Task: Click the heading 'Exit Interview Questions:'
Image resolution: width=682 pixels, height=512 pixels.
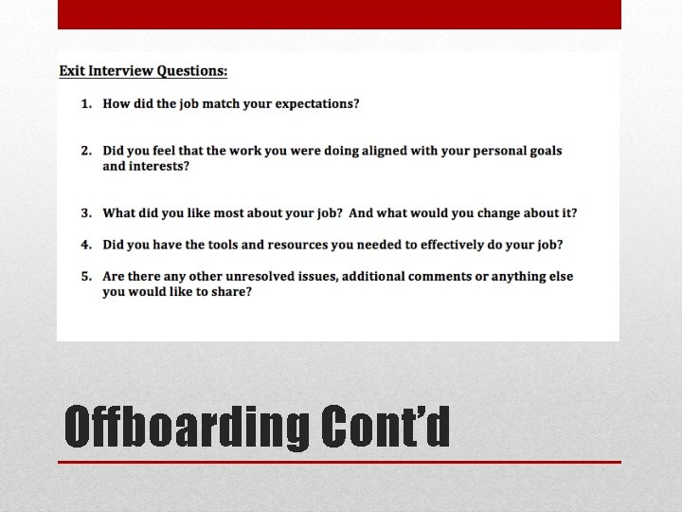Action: [143, 71]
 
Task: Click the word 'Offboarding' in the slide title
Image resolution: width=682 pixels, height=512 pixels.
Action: [186, 427]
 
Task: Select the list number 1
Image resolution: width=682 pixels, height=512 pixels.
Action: [85, 103]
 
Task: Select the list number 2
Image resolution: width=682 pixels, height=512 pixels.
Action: [85, 151]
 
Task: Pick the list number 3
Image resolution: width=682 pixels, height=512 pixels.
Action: [85, 213]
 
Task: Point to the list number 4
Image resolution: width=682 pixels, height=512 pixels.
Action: [85, 245]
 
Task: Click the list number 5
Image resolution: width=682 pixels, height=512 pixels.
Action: [85, 276]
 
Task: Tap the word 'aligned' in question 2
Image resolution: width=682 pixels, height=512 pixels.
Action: [387, 151]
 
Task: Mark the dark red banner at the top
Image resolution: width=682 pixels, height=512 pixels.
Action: [339, 14]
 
